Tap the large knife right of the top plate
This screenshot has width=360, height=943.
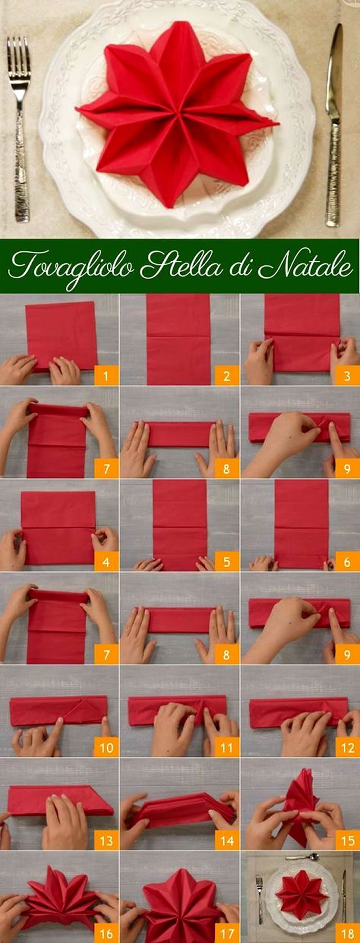333,127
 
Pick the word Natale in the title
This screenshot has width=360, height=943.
305,265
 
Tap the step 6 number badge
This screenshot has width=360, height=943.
347,561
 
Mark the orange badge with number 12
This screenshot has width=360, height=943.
347,747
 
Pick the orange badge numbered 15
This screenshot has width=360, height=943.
347,840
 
